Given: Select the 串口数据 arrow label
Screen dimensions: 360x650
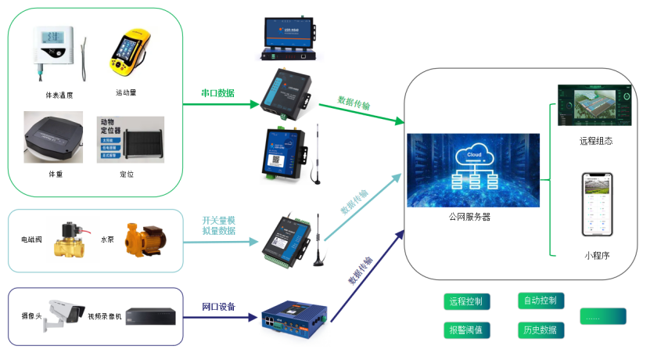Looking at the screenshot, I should click(217, 93).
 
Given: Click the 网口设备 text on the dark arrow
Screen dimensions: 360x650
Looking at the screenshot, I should click(219, 306).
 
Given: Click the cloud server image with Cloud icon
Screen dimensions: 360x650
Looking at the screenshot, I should click(472, 170).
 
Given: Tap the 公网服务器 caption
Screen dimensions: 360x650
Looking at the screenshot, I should click(469, 217).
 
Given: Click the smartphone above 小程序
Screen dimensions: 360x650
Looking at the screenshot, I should click(596, 205).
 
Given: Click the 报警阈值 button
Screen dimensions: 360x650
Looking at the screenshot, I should click(467, 329).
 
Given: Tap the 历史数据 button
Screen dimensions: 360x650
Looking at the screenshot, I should click(539, 329).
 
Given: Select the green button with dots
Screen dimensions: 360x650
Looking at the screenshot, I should click(602, 317).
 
